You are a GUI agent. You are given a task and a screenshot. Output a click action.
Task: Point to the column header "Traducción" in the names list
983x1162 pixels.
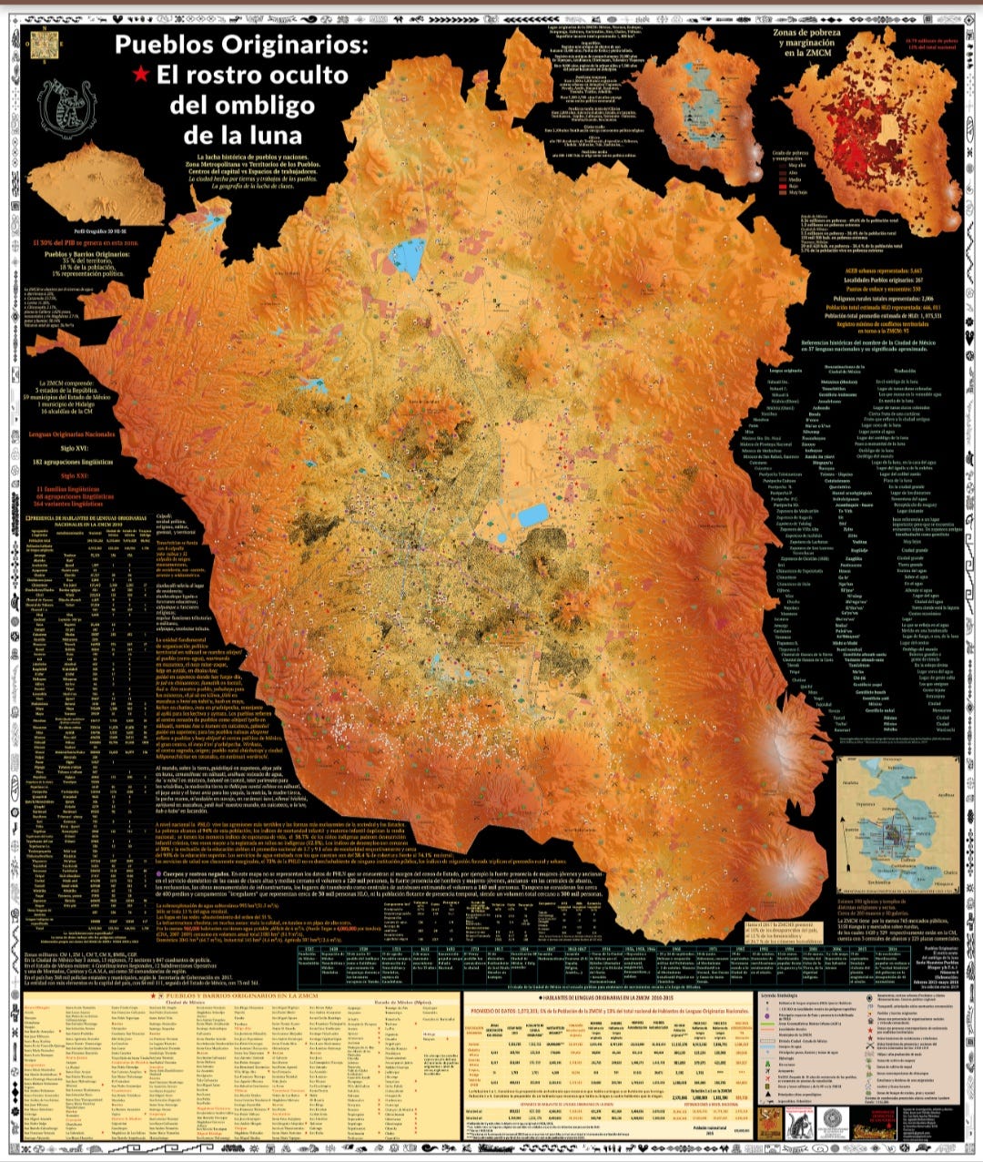(905, 371)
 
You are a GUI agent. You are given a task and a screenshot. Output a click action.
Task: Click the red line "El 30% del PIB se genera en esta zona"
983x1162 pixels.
(77, 243)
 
